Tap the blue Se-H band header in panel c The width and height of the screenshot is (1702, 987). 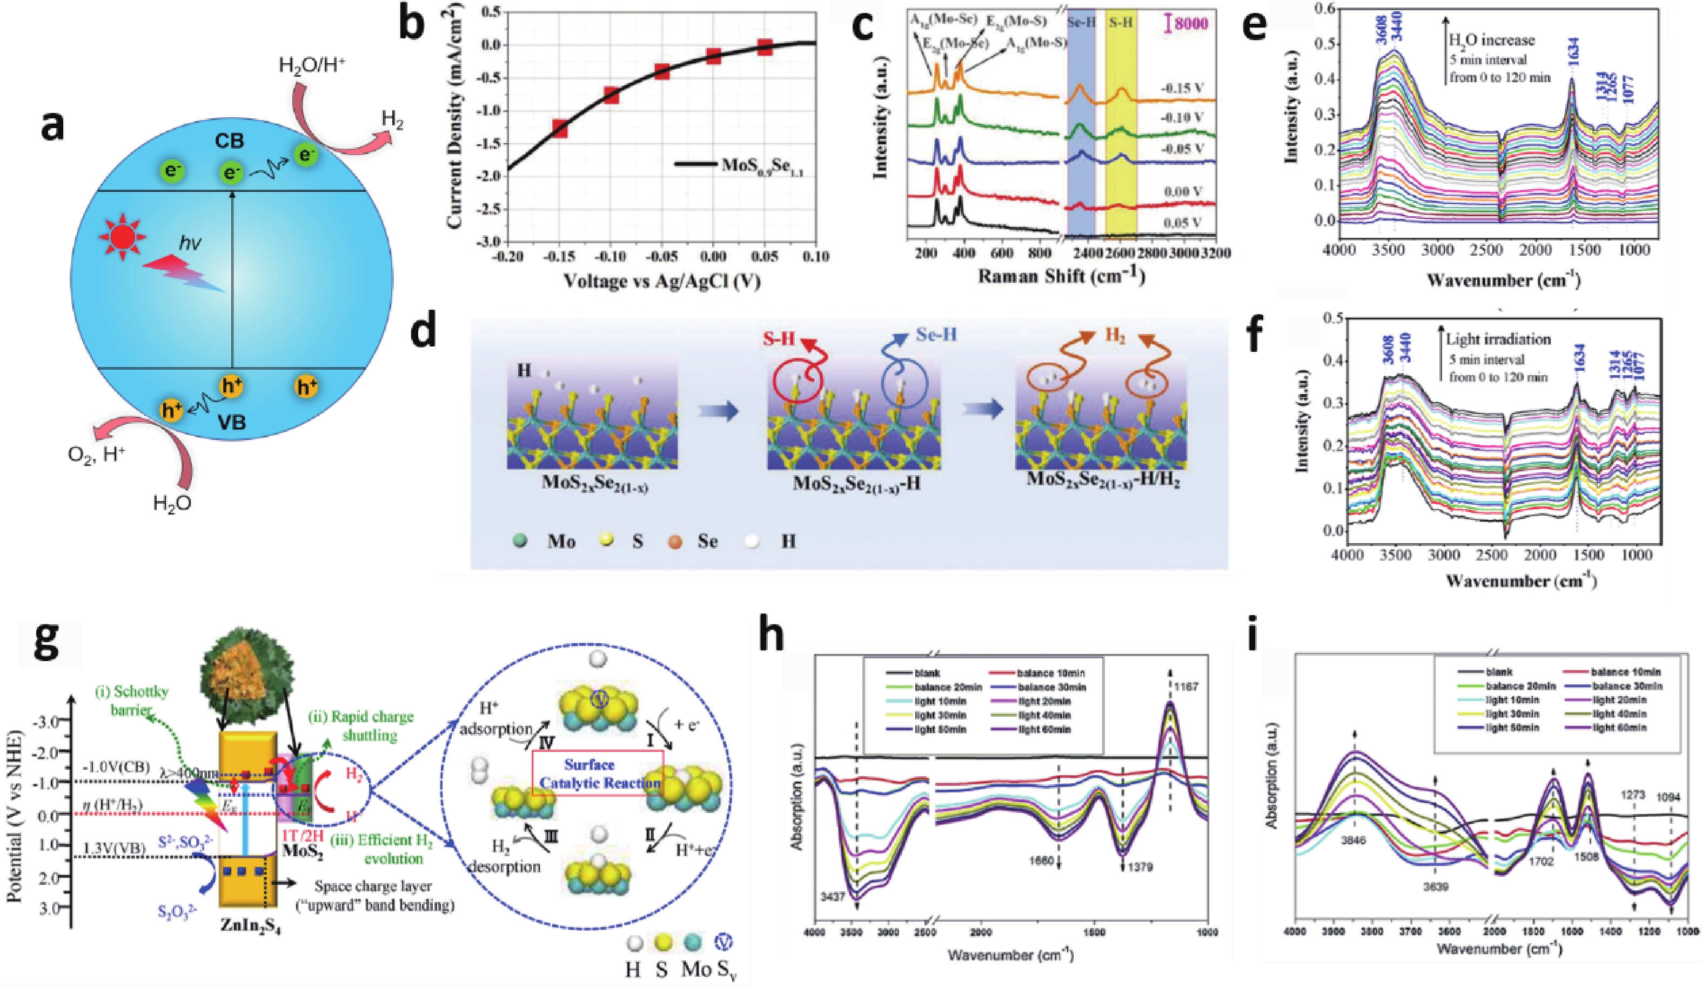[1081, 23]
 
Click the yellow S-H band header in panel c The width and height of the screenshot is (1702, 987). [1121, 23]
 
